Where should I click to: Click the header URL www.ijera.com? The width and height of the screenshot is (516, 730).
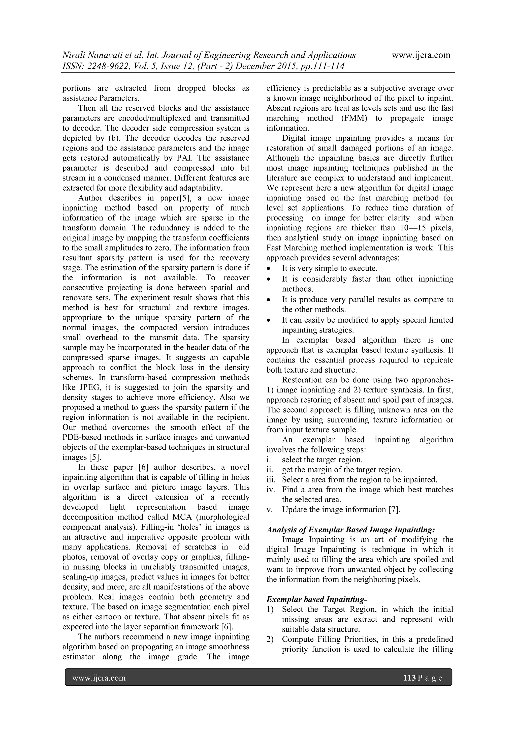(421, 55)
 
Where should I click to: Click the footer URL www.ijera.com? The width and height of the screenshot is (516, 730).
(99, 678)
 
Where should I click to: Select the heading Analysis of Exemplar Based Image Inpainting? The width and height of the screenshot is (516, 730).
(350, 530)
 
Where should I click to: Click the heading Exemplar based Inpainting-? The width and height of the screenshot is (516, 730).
(316, 599)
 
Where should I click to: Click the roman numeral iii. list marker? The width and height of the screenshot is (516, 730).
(271, 479)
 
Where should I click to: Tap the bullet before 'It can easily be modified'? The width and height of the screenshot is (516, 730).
(269, 320)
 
